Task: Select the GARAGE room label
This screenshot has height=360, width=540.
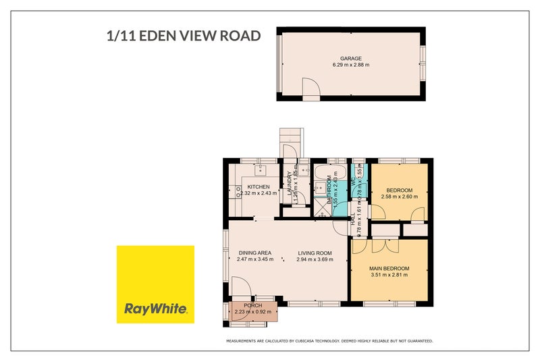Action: (350, 59)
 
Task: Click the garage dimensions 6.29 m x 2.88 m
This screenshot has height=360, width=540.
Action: (350, 65)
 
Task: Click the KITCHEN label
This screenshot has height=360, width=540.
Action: (258, 187)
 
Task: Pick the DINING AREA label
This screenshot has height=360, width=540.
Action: (254, 253)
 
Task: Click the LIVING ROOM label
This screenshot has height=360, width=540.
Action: (314, 253)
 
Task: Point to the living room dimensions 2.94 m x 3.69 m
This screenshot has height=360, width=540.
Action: (314, 259)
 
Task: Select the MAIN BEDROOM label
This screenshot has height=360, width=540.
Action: (389, 269)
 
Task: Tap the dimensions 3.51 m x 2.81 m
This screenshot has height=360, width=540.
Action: (389, 275)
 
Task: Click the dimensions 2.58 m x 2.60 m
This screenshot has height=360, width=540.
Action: (400, 197)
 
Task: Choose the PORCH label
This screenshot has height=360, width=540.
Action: (252, 305)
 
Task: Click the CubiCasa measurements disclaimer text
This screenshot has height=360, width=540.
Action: (329, 341)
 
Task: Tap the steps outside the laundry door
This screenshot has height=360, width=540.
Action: (289, 143)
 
